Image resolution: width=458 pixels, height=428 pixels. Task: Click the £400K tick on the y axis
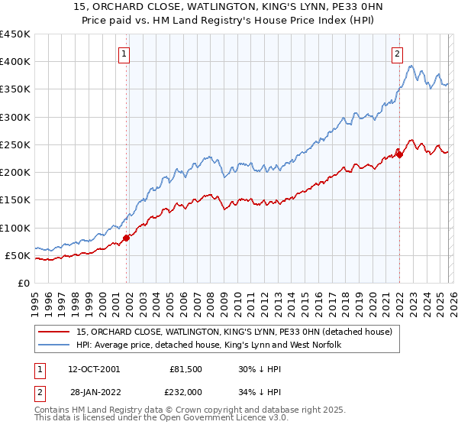point(15,62)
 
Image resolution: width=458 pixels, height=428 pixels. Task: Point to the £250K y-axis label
point(15,144)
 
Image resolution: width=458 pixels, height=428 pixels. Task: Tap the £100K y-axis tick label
point(15,228)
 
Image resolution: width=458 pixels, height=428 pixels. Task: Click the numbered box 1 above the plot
point(124,53)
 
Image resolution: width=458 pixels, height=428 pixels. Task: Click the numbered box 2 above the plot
point(398,53)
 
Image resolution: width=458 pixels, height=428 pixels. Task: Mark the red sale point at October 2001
point(127,238)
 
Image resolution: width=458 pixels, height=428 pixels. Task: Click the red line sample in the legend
point(55,332)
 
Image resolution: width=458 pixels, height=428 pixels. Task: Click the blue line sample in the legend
point(55,345)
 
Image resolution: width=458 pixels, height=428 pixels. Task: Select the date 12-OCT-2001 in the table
point(93,368)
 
